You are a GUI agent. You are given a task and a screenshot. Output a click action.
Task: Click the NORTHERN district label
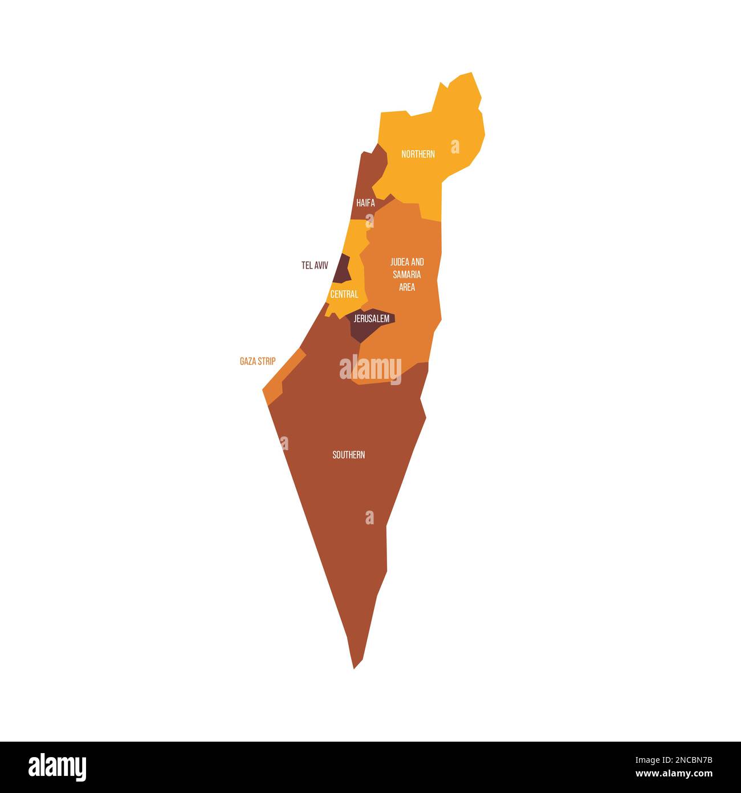418,154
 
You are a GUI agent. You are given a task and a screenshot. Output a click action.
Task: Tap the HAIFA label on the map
365,203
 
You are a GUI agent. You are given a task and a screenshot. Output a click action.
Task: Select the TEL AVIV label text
315,265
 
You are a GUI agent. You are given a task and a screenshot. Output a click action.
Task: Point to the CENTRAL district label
344,294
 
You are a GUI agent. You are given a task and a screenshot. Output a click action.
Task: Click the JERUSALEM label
372,319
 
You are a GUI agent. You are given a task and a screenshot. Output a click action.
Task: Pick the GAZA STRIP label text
258,361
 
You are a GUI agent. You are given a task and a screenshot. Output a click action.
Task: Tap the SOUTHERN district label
349,455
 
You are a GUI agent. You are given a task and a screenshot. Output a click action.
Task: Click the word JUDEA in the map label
399,262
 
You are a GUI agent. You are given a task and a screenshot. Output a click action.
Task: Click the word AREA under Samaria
407,287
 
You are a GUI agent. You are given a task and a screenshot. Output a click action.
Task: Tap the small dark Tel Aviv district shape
343,270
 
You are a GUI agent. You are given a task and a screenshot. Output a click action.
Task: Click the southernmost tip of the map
355,667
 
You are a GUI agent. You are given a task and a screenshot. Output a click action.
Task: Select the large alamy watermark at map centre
370,368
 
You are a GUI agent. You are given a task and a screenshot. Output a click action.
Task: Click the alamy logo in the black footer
58,767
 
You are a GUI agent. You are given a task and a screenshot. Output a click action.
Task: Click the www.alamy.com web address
674,774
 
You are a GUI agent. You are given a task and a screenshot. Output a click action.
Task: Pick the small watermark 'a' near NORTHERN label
455,147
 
